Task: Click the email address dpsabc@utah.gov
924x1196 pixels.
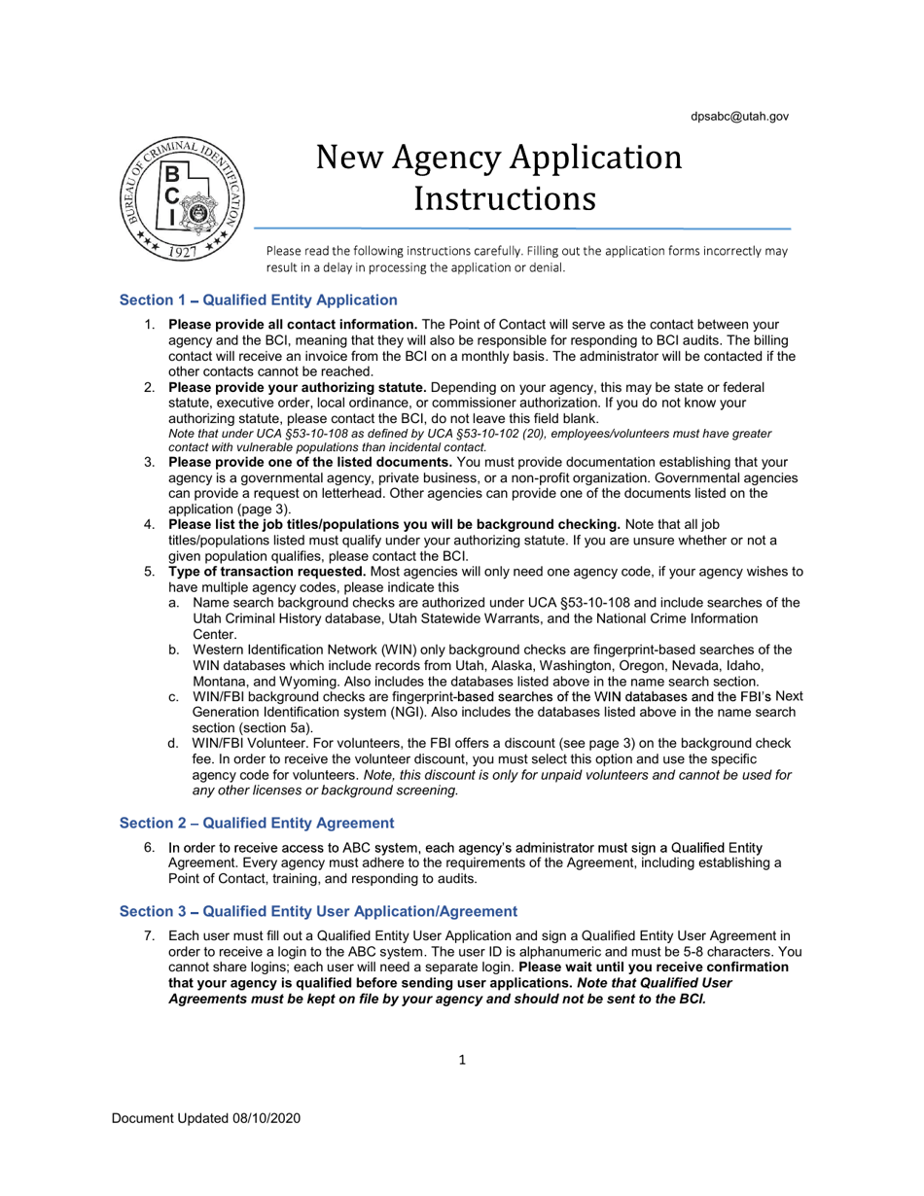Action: (x=739, y=117)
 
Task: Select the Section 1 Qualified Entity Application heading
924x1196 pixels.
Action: (x=258, y=300)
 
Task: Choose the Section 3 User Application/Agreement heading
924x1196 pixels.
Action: (x=318, y=911)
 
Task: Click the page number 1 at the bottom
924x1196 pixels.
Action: (x=462, y=1060)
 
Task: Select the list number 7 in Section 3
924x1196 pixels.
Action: (x=150, y=935)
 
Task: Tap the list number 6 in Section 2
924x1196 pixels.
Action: (x=150, y=848)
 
